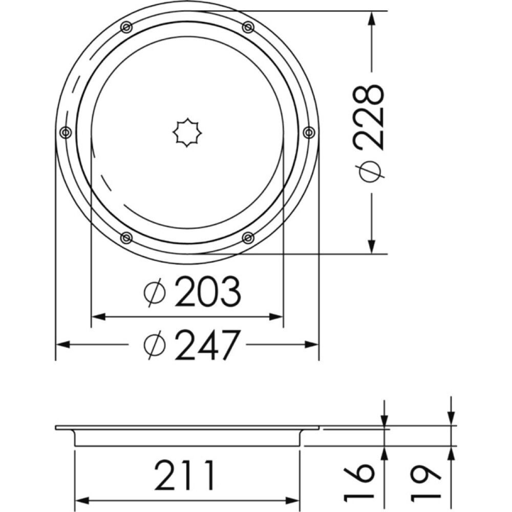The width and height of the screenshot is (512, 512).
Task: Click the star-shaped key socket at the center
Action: [187, 133]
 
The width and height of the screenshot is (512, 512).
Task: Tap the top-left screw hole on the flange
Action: [126, 27]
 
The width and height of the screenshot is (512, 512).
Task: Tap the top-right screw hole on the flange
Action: [248, 27]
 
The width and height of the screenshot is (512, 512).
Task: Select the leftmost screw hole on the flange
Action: [65, 133]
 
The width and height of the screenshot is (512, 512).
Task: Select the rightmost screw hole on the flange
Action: [309, 133]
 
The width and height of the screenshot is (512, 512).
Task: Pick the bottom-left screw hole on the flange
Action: [126, 238]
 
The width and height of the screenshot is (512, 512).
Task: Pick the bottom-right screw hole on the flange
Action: [248, 238]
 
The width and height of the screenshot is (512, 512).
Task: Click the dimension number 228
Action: [371, 117]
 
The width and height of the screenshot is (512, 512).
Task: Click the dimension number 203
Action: [207, 292]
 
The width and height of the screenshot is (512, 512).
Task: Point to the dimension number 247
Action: [207, 345]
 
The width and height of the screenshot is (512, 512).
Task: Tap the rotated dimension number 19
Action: [426, 482]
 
